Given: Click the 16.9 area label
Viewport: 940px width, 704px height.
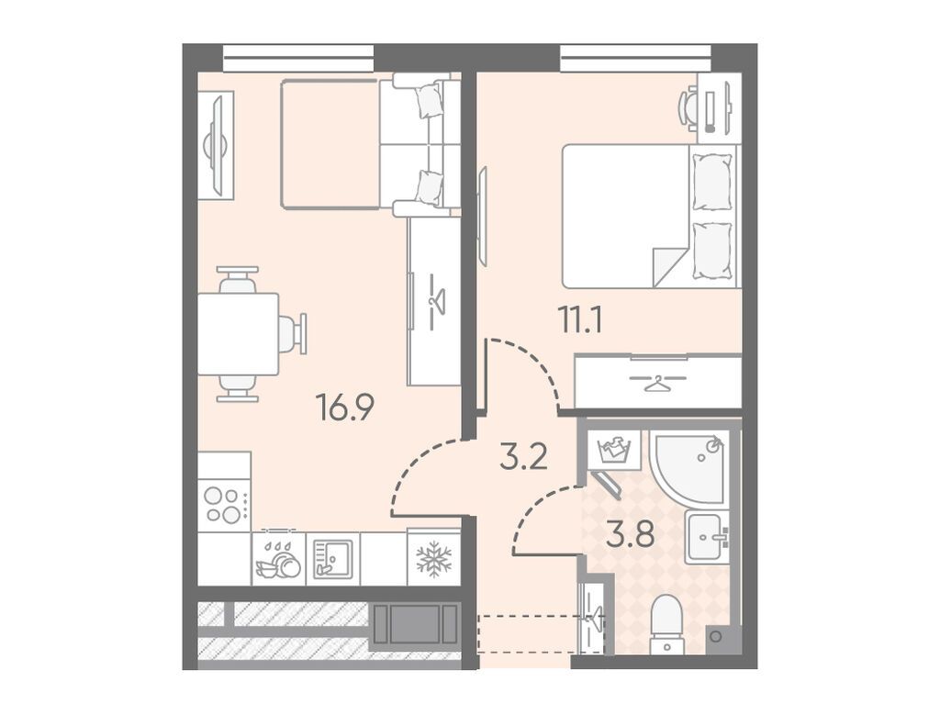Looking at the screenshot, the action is (x=345, y=409).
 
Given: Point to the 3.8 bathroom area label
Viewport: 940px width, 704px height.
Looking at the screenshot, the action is (x=630, y=535).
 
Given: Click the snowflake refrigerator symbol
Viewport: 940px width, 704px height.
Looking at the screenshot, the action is (x=433, y=560).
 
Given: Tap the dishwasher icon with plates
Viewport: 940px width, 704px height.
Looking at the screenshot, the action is (x=279, y=561).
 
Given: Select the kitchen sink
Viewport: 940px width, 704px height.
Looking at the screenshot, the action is (x=332, y=559).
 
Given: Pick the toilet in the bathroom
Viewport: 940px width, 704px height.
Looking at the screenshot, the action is (x=667, y=624).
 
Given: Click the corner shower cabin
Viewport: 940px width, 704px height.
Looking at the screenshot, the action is (x=689, y=466).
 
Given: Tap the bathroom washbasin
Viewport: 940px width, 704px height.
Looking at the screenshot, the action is (x=708, y=537).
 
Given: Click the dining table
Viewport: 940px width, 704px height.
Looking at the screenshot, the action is (x=238, y=334).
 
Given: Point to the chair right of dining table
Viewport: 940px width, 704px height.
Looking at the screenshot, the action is (x=293, y=334).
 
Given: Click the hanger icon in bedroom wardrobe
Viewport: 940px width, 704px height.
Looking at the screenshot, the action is (x=657, y=383).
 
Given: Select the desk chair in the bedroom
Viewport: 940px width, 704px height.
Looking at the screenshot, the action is (x=688, y=108).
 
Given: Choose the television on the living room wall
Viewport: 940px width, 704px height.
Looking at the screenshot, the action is (x=217, y=146).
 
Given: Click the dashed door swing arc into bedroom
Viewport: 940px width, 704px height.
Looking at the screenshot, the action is (x=535, y=362).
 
